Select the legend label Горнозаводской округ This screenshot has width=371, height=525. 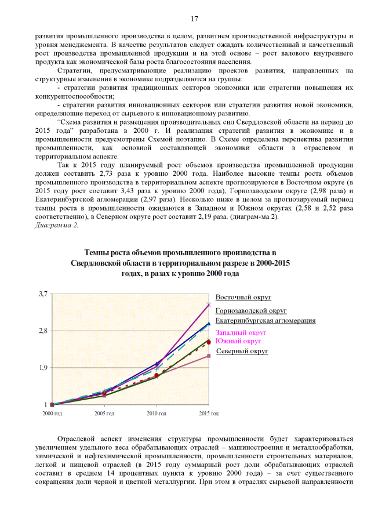251,311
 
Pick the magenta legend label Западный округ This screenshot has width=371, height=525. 241,333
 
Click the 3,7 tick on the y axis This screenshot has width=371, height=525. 43,295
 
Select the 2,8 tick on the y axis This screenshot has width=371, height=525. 43,331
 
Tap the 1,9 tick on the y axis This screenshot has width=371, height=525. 43,368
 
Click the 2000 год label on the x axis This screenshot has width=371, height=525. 52,414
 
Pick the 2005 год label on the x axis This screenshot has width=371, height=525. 104,414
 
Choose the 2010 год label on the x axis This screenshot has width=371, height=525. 156,414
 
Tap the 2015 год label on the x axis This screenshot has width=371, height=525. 208,414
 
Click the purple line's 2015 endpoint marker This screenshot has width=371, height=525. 209,305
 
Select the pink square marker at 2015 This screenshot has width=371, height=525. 209,356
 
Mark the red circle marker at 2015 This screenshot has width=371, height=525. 209,342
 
